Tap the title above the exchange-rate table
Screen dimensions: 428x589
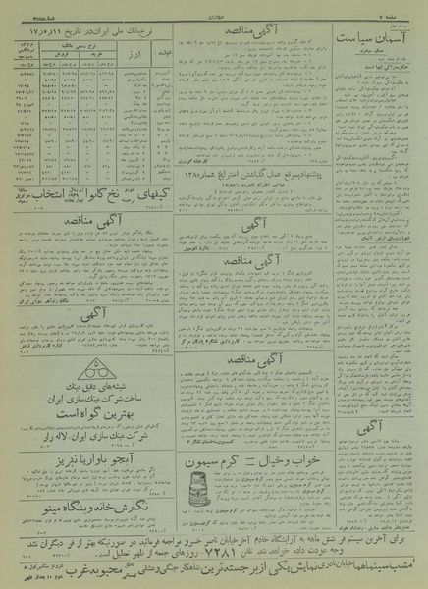[x=89, y=23]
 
